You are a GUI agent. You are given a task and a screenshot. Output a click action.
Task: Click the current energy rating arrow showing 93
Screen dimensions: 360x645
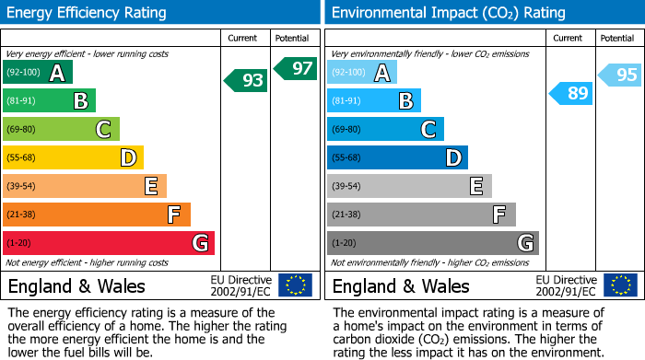click(246, 80)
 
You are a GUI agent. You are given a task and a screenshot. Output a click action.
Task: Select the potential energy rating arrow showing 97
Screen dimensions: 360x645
click(295, 68)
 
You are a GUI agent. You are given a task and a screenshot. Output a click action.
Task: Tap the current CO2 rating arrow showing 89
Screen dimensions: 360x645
click(571, 92)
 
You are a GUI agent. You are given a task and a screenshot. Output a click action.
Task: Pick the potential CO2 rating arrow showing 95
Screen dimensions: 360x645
click(620, 75)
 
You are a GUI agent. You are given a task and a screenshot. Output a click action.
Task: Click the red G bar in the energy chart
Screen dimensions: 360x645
click(109, 243)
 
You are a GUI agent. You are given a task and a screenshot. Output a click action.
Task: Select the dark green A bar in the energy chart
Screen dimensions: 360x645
click(38, 72)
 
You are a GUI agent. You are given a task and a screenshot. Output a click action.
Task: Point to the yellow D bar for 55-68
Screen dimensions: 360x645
click(74, 157)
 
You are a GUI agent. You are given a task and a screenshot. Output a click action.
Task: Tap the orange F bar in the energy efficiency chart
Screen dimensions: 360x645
click(97, 215)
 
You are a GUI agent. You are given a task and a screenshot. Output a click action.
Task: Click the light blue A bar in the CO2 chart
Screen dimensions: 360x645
click(362, 72)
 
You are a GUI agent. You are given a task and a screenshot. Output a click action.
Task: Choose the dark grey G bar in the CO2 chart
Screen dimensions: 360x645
click(433, 243)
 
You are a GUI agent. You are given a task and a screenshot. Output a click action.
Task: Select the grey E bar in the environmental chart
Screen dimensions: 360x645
click(409, 186)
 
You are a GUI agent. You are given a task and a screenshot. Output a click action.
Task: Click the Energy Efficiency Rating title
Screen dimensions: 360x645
click(88, 13)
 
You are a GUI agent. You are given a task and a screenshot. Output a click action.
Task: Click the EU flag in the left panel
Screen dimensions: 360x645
click(295, 285)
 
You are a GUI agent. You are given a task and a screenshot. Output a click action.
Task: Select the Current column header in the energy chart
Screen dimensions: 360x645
click(242, 38)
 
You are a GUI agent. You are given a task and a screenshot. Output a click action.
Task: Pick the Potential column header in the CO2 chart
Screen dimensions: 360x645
click(616, 38)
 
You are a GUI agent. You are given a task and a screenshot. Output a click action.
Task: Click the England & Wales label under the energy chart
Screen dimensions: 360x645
click(76, 285)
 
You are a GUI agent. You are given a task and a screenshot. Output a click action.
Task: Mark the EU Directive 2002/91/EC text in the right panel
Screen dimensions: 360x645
click(566, 285)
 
